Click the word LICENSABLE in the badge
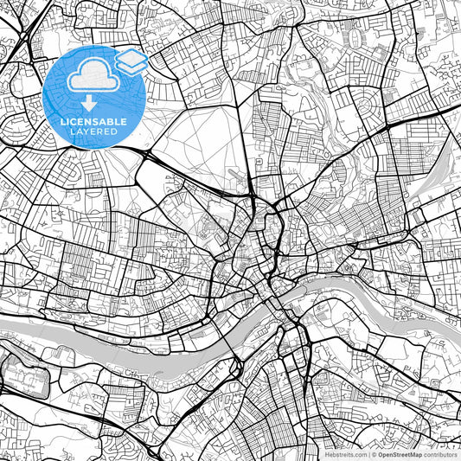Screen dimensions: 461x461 point(93,122)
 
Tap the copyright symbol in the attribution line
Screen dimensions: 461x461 point(375,454)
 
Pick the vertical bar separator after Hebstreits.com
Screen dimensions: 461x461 point(369,454)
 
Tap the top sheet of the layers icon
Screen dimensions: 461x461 point(131,56)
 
